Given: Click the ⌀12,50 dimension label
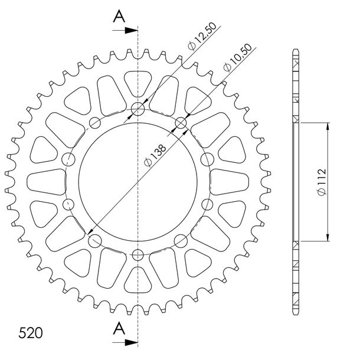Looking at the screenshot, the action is click(x=202, y=36).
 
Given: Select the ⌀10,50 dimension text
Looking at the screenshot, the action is click(x=238, y=57).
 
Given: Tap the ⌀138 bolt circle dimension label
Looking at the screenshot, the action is click(x=155, y=155).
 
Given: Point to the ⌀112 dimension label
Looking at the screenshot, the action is click(x=322, y=182).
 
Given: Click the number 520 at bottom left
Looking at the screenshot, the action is click(x=31, y=333).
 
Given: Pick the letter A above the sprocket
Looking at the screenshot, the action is click(x=119, y=17).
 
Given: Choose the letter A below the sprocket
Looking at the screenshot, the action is click(x=119, y=329).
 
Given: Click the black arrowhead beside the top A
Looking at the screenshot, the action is click(x=131, y=30).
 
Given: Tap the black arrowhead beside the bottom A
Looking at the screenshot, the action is click(x=131, y=342).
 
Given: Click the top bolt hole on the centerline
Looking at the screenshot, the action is click(x=138, y=109).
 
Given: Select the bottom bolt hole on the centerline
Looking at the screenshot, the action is click(x=138, y=255).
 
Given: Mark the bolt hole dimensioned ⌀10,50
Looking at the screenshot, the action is click(x=181, y=123).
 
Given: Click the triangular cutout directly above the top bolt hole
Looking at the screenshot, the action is click(x=138, y=82).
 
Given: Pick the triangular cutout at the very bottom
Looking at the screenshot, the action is click(x=138, y=281).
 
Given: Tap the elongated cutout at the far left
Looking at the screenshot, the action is click(x=47, y=182).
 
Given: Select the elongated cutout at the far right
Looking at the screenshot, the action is click(x=229, y=182).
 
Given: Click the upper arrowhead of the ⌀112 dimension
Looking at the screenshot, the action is click(x=328, y=126).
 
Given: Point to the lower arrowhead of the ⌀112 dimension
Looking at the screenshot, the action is click(x=328, y=238).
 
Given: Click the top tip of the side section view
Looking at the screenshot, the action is click(x=296, y=49).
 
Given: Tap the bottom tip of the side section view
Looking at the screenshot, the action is click(x=296, y=315).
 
